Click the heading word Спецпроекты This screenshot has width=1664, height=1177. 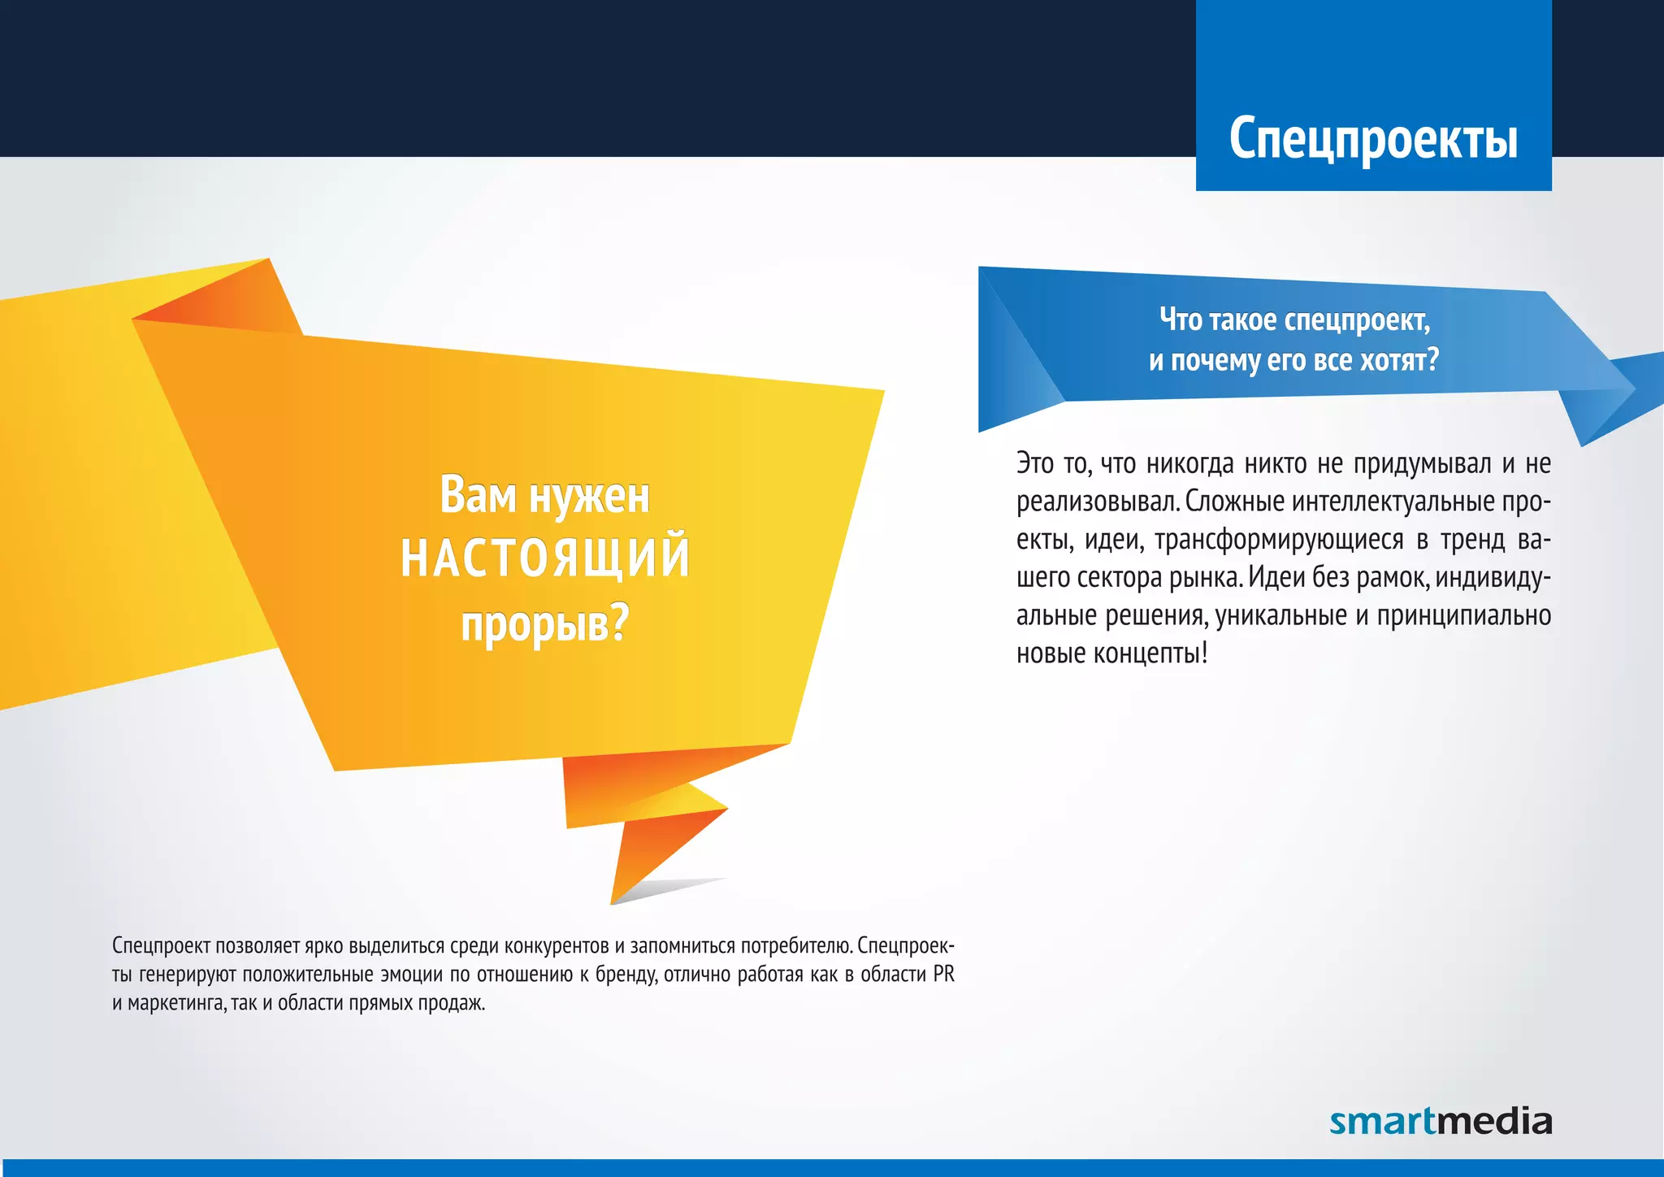[1373, 138]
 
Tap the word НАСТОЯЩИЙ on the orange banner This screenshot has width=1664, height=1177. [545, 558]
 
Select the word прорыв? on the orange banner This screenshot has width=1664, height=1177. [545, 624]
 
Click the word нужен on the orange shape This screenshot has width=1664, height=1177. [589, 495]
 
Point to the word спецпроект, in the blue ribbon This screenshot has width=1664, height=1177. [1357, 320]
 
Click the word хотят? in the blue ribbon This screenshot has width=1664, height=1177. [1399, 359]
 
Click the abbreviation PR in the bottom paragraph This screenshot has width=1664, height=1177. [943, 974]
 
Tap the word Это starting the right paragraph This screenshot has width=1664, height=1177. [1034, 463]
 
